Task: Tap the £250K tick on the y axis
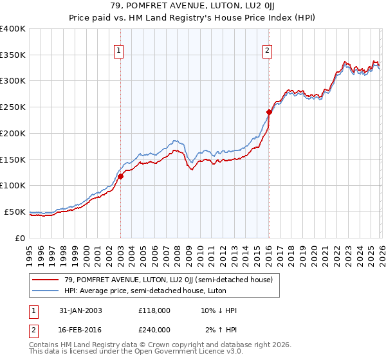pyautogui.click(x=14, y=107)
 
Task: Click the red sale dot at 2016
pyautogui.click(x=269, y=113)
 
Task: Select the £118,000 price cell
pyautogui.click(x=154, y=310)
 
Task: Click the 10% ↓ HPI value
pyautogui.click(x=219, y=310)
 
